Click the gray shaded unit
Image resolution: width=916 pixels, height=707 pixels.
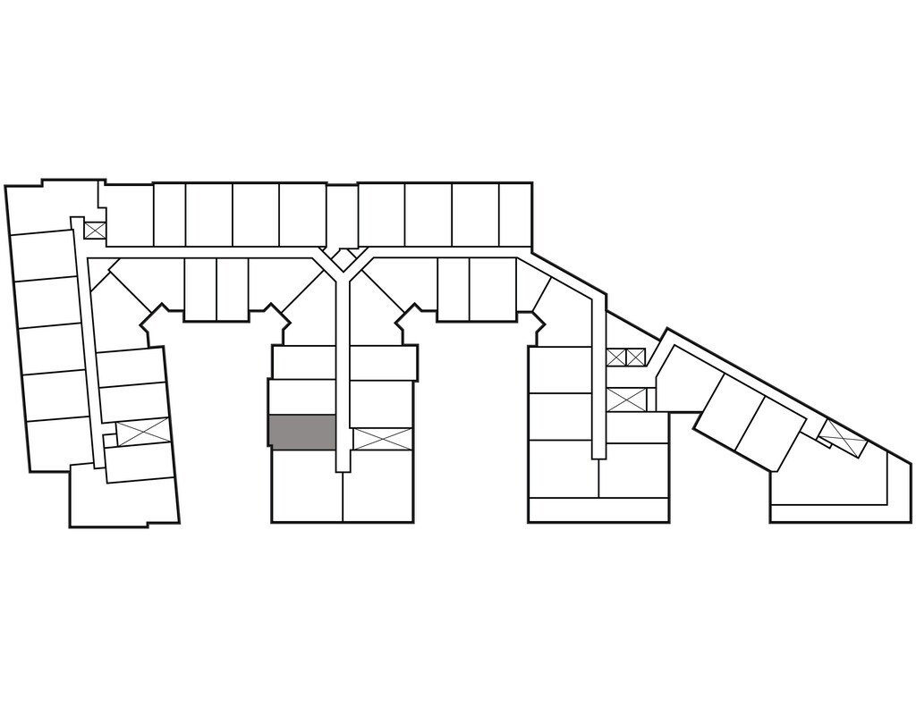click(302, 432)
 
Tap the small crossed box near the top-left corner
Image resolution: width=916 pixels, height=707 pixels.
click(94, 230)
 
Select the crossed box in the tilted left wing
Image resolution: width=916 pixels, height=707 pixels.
click(142, 433)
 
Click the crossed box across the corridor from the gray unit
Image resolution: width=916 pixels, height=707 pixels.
click(382, 439)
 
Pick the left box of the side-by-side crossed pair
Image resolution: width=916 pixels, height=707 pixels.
click(615, 358)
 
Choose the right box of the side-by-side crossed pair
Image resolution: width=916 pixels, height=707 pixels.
click(635, 358)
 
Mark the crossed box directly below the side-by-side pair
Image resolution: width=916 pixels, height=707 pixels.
click(625, 400)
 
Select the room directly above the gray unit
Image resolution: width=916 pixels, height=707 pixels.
click(302, 397)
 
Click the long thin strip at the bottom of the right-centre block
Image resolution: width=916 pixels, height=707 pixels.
click(598, 510)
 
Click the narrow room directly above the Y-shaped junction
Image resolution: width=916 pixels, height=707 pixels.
click(341, 215)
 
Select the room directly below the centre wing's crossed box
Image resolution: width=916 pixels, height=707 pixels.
click(378, 485)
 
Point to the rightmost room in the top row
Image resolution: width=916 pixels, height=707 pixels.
click(514, 214)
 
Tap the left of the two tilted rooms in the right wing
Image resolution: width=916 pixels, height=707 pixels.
click(725, 410)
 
